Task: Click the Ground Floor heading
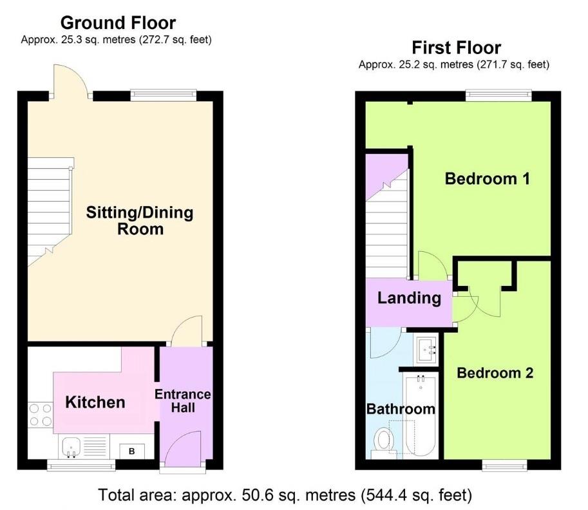click(118, 23)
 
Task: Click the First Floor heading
click(456, 48)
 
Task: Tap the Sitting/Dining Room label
click(140, 220)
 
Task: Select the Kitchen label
click(95, 402)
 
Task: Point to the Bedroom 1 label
click(487, 178)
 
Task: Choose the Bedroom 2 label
click(495, 373)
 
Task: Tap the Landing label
click(409, 298)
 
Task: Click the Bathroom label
click(400, 409)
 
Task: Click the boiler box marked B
click(132, 451)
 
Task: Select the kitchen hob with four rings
click(40, 414)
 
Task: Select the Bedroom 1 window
click(499, 96)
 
